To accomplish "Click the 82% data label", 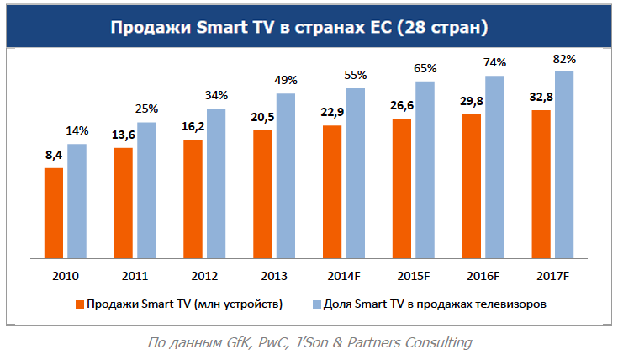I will pos(564,59).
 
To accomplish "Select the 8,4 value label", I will pos(54,156).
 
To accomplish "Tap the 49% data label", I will pos(285,80).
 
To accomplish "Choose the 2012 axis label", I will pos(204,276).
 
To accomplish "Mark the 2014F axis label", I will pos(344,276).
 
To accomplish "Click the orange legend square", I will pos(80,304).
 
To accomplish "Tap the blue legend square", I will pos(317,304).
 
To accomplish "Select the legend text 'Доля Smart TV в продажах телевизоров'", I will pos(437,304).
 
